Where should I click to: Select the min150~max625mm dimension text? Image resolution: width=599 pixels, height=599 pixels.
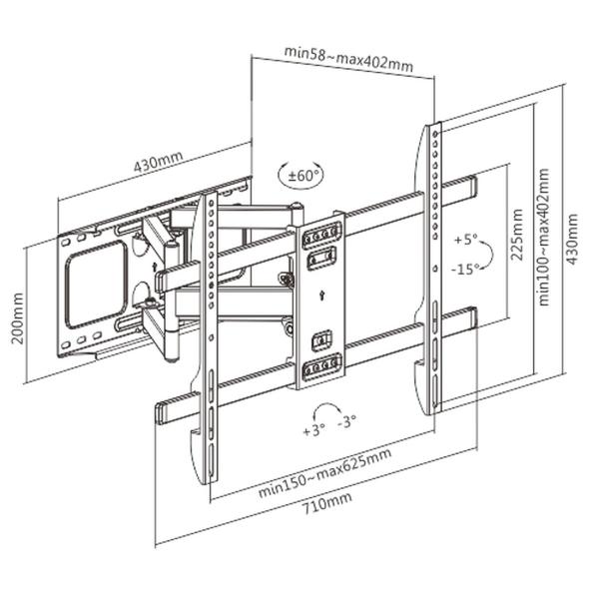(323, 472)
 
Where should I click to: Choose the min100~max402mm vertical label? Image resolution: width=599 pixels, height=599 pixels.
(544, 236)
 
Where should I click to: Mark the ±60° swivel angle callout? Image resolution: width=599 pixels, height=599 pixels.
(299, 175)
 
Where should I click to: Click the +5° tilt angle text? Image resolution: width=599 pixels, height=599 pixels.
(465, 241)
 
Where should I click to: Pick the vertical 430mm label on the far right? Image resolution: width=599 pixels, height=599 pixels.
(572, 240)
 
